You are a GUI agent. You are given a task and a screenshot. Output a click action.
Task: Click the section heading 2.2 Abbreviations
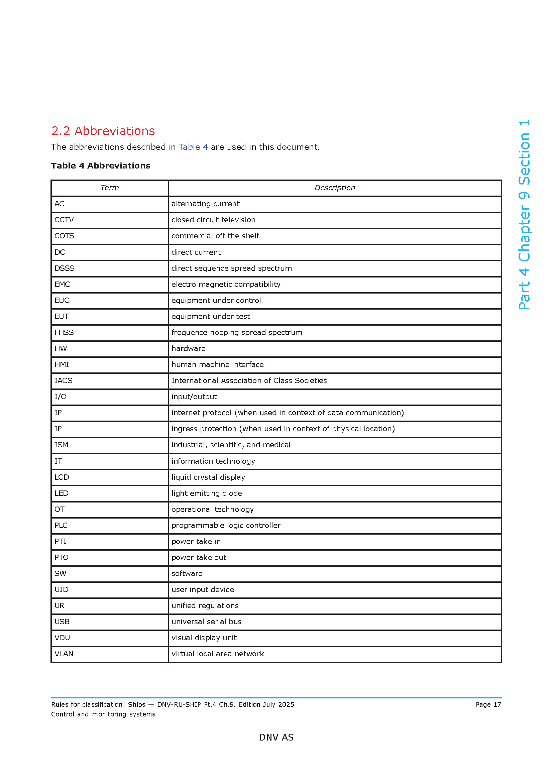tap(103, 131)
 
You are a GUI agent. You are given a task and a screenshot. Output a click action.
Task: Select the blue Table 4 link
tap(193, 147)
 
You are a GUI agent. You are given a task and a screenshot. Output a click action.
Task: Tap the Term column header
tap(109, 188)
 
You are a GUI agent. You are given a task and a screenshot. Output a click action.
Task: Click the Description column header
tap(334, 188)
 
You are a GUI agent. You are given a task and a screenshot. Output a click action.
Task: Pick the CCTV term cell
tap(64, 220)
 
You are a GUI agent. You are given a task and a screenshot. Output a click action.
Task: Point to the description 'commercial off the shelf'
tap(215, 236)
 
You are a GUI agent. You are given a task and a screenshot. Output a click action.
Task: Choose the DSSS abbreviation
tap(64, 268)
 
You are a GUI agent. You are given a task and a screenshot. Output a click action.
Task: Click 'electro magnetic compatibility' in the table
tap(226, 285)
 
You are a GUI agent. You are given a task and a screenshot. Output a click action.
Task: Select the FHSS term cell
tap(64, 332)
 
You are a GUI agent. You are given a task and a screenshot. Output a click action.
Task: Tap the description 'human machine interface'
tap(217, 365)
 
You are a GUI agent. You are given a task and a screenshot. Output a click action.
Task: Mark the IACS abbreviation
tap(63, 381)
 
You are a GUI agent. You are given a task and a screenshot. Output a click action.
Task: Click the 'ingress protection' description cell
tap(283, 429)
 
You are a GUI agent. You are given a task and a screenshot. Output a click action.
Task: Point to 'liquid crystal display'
tap(208, 477)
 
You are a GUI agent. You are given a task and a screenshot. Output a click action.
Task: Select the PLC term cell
tap(61, 526)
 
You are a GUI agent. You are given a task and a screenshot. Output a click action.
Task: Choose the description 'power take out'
tap(199, 558)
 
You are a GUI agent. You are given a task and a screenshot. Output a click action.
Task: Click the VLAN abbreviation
tap(64, 654)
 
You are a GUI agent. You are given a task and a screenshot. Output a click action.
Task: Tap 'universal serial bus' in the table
tap(206, 622)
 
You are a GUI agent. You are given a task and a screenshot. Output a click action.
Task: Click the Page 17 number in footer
tap(488, 705)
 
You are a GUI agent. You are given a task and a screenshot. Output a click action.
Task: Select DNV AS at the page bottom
tap(276, 738)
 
